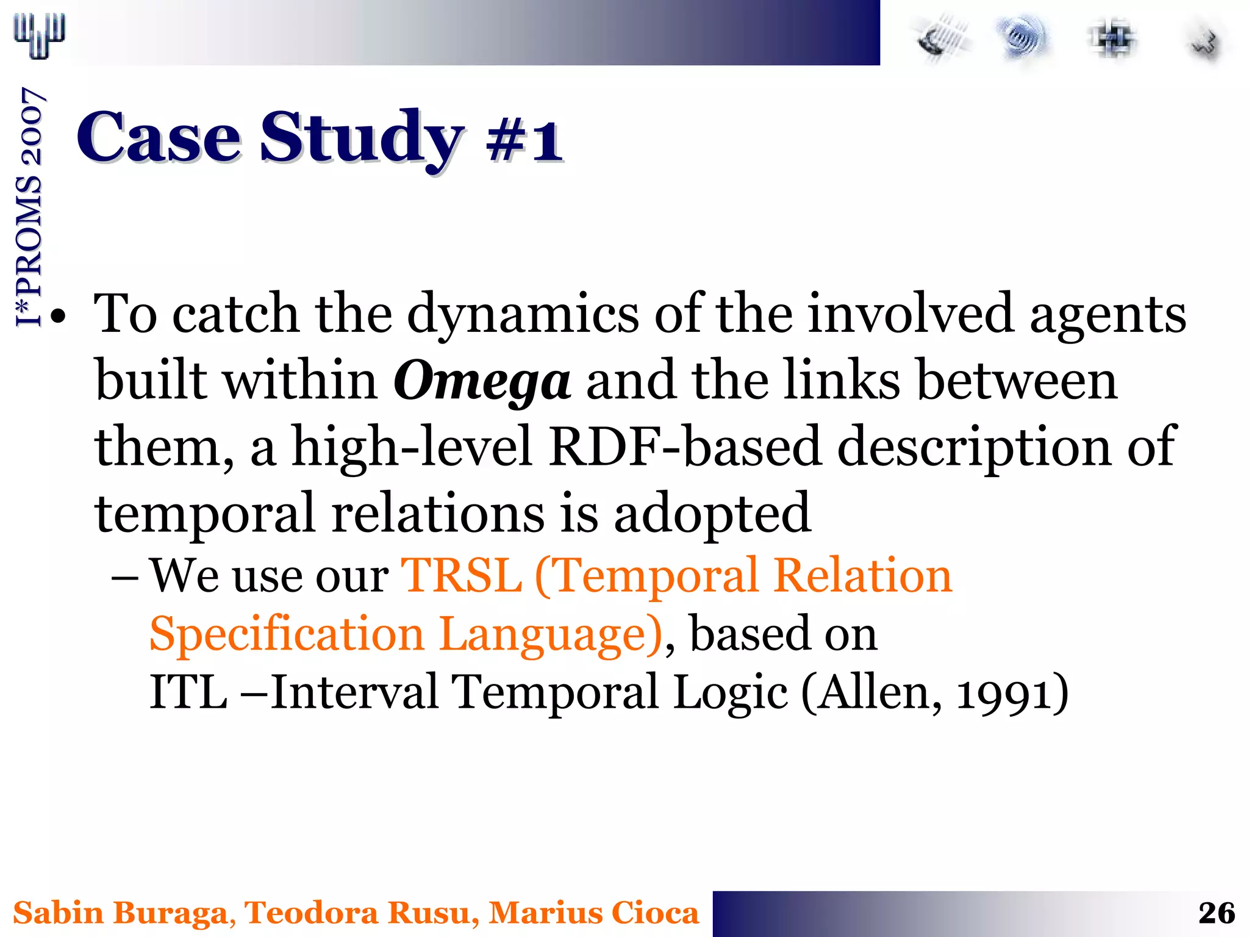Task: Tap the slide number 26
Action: [x=1216, y=913]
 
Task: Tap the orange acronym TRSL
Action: [x=461, y=575]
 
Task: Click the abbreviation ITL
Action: [x=188, y=692]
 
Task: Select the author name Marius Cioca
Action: [x=593, y=913]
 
